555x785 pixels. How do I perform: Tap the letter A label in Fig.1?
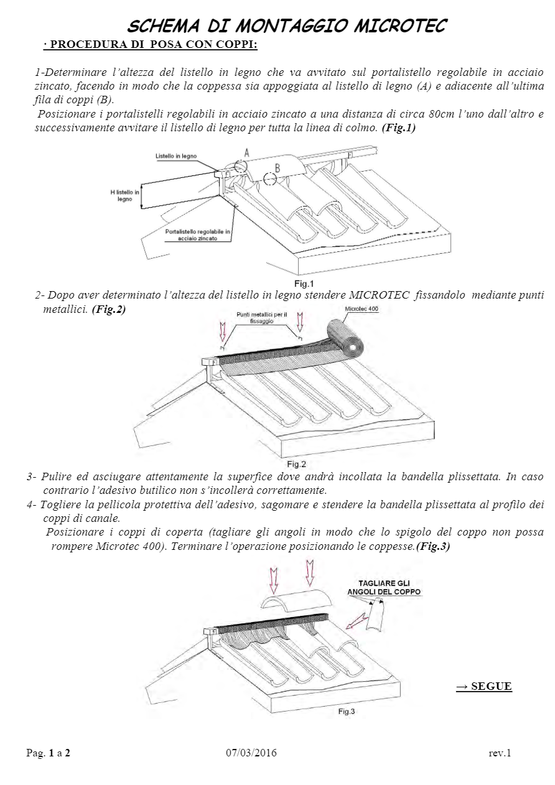click(x=247, y=152)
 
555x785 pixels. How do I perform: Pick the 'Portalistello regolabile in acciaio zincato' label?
click(x=198, y=235)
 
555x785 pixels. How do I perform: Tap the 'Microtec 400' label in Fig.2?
click(x=361, y=309)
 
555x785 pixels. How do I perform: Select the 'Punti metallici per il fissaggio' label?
click(x=261, y=318)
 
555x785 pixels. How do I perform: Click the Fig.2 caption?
click(x=296, y=464)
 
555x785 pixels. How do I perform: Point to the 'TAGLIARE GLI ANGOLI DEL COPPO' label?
click(x=384, y=587)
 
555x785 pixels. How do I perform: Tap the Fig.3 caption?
click(x=347, y=711)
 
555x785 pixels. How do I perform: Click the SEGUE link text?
click(x=484, y=686)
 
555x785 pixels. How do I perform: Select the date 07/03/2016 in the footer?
click(x=251, y=753)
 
